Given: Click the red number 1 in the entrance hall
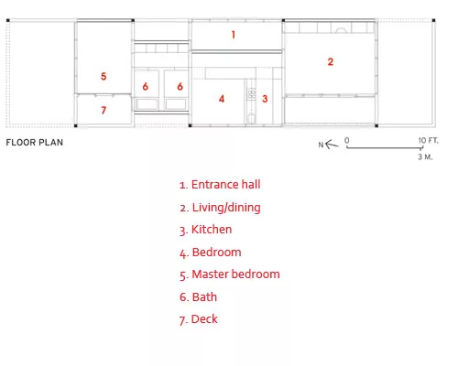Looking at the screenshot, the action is (x=234, y=35).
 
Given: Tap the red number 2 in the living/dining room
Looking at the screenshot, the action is (x=331, y=62).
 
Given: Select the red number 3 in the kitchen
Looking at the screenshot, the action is (x=265, y=99).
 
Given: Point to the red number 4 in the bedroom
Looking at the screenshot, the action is (x=222, y=99).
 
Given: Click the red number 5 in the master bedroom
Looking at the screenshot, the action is (x=104, y=76).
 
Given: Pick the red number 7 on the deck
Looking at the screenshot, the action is (x=104, y=110).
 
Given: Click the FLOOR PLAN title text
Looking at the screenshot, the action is (x=35, y=143).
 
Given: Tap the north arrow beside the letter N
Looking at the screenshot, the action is (x=332, y=145).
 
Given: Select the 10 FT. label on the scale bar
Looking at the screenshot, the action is (x=428, y=141).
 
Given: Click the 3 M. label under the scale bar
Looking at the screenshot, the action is (x=425, y=157).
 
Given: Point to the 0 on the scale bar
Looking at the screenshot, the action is (x=346, y=140).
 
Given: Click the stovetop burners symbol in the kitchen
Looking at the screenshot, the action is (x=252, y=94).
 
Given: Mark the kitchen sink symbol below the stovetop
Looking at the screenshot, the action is (x=251, y=118).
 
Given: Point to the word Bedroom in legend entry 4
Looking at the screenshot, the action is (x=216, y=253).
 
